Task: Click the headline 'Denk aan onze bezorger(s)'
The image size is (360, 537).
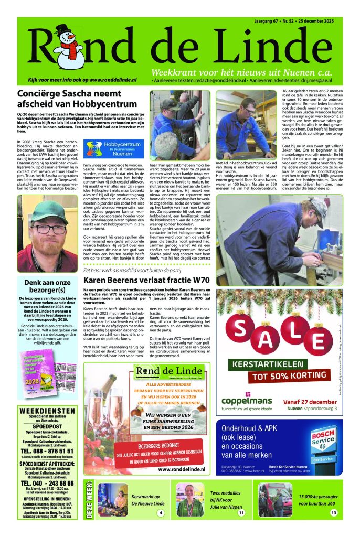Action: click(47, 286)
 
